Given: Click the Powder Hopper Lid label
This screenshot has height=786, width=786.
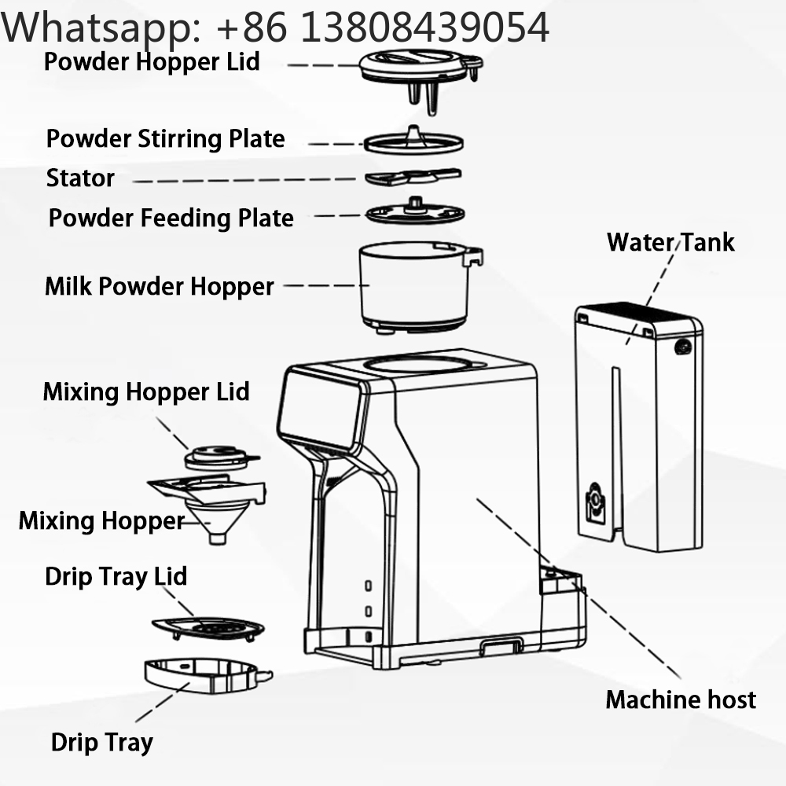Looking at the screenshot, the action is (x=152, y=62).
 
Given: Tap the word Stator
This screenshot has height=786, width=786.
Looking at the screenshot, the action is (x=80, y=178).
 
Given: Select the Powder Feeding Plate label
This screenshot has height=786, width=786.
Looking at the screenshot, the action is (x=171, y=218).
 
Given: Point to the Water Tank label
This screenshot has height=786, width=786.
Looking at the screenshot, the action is (x=670, y=242).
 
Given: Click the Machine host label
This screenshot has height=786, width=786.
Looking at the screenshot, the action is (x=681, y=700).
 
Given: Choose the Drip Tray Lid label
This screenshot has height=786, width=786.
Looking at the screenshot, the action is (x=116, y=576).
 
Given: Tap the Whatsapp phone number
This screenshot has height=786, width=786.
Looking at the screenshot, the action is (x=383, y=27).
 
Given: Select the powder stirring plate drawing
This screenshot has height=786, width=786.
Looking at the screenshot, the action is (x=413, y=140).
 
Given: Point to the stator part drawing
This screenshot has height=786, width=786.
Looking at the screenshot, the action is (x=413, y=177).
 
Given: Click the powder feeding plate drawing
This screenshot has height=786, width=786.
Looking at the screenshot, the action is (x=415, y=211).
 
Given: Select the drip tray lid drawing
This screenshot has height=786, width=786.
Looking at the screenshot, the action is (x=208, y=629).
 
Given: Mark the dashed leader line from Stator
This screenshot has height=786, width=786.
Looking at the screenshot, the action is (x=245, y=180).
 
